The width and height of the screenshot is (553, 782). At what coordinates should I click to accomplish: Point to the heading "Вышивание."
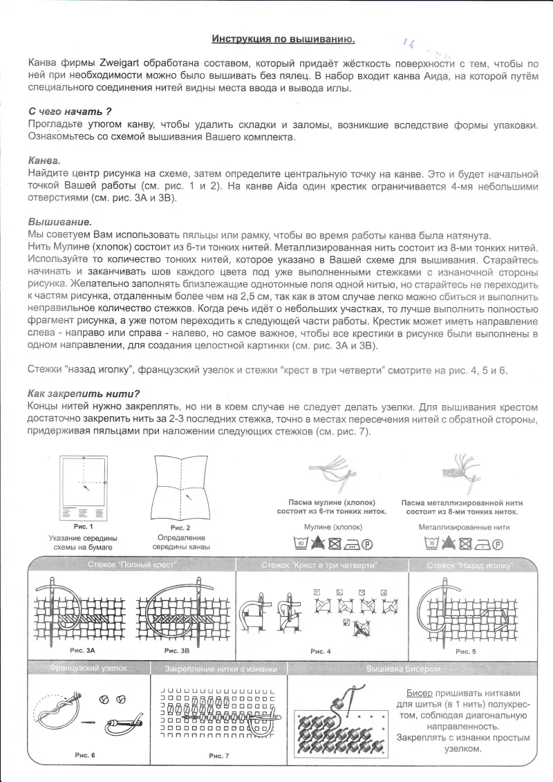[59, 222]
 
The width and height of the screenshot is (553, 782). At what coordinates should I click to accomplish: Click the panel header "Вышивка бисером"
[403, 669]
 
